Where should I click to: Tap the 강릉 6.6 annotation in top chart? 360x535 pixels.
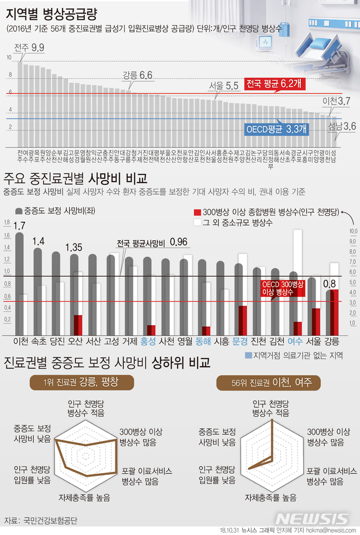point(138,75)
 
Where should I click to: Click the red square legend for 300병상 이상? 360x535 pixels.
point(196,213)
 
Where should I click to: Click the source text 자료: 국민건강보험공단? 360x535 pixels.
point(40,519)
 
